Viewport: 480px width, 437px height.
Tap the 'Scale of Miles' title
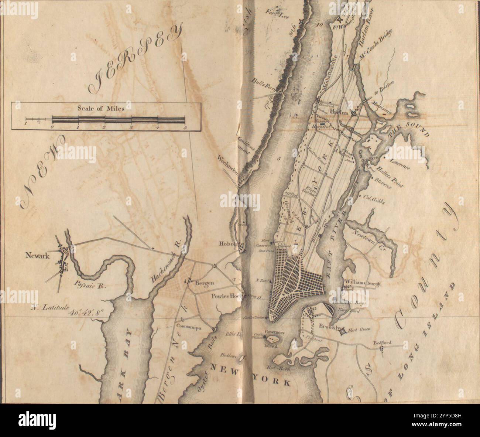[x=101, y=109]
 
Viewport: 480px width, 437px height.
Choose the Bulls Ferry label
[x=264, y=84]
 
